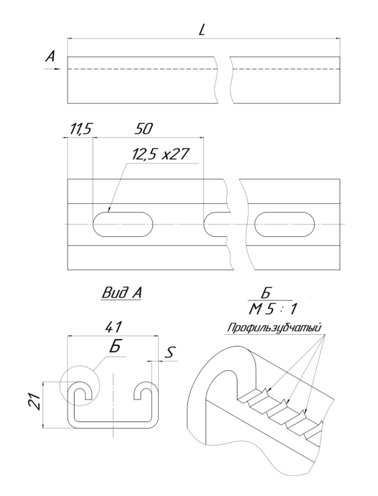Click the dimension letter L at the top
coord(202,29)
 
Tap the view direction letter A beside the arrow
coord(50,56)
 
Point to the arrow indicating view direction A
coord(52,69)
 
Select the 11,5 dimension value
coord(80,129)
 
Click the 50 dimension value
coord(144,129)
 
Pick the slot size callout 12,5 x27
coord(160,155)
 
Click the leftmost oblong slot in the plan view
coord(123,224)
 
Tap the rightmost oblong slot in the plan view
coord(284,224)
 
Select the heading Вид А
coord(121,293)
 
